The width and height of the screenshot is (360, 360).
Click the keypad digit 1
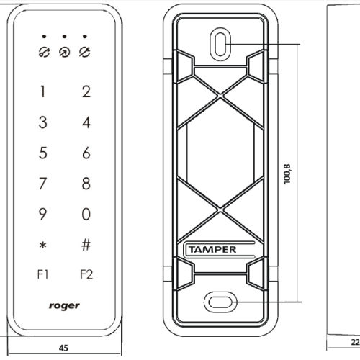[x=42, y=91]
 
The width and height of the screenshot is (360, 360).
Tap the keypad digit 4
[x=86, y=122]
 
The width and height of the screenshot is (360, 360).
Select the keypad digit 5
[x=43, y=153]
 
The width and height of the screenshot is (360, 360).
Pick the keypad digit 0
[x=86, y=214]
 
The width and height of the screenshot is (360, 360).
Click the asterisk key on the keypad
[x=43, y=246]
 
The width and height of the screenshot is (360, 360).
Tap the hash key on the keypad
[x=86, y=245]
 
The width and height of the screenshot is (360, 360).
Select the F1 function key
[x=43, y=274]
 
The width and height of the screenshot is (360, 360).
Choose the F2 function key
[x=86, y=274]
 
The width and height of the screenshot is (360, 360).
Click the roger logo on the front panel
[x=64, y=306]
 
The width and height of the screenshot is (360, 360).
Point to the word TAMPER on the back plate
[x=212, y=250]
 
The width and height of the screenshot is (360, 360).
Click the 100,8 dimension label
[x=287, y=174]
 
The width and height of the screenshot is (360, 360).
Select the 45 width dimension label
[x=63, y=348]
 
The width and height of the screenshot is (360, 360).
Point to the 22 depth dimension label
[x=356, y=342]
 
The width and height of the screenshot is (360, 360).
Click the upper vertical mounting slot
[x=220, y=44]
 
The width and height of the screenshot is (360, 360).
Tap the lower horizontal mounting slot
[x=220, y=302]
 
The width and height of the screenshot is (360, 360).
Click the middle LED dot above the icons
[x=64, y=37]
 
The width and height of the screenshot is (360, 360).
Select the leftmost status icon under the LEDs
[x=45, y=53]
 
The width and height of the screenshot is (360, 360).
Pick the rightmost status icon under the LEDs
[x=85, y=53]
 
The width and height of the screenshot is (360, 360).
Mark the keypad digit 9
[x=42, y=214]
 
